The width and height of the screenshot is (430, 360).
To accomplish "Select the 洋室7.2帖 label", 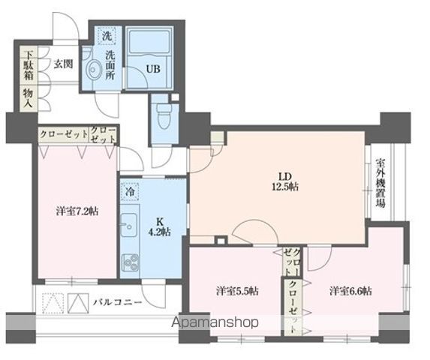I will point(76,211).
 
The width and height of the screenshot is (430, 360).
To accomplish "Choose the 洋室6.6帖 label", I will point(350,290).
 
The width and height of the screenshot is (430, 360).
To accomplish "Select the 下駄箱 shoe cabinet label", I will point(27,66).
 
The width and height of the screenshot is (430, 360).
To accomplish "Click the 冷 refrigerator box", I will point(129,191).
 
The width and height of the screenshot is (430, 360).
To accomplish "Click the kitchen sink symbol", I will point(128,224).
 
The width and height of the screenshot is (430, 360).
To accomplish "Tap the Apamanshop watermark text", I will point(215,322).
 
